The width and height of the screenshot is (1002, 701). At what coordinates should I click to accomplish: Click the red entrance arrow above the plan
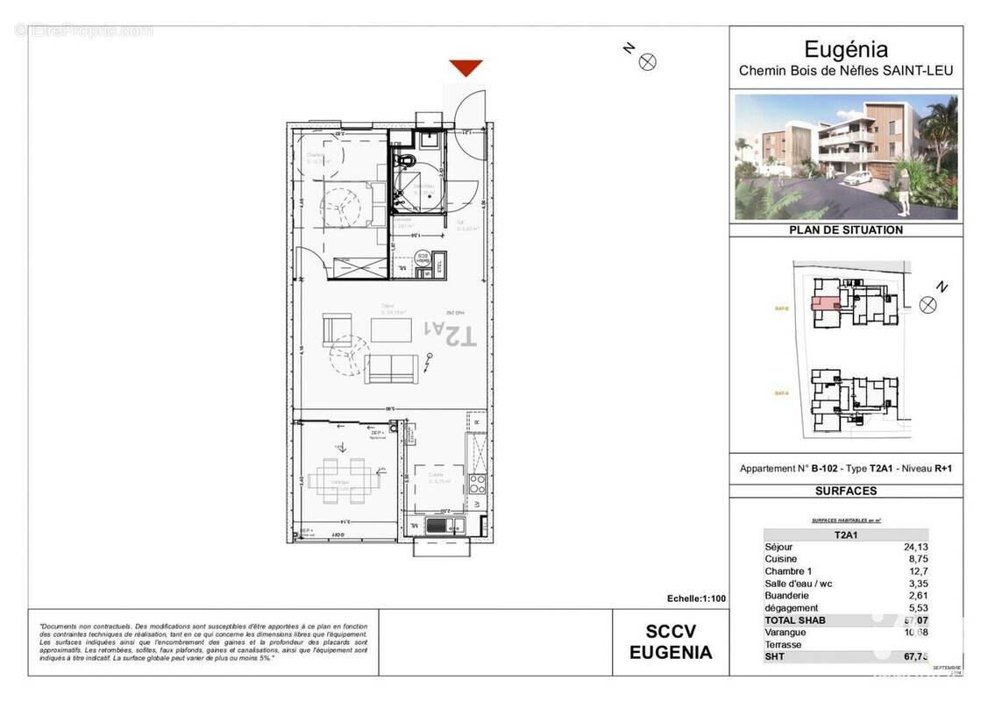(x=465, y=67)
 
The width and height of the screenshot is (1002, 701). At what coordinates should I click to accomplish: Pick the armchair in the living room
(x=338, y=330)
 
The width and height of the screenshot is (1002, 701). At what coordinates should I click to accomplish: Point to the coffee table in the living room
(x=390, y=330)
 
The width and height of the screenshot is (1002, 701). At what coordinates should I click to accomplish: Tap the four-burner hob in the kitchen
(x=478, y=481)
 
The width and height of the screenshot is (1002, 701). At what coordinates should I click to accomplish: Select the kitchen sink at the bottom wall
(x=437, y=525)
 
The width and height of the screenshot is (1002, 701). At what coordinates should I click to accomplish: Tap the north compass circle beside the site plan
(x=928, y=304)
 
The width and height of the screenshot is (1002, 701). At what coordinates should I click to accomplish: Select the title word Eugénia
(x=845, y=50)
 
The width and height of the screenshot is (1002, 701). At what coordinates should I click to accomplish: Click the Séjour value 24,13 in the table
(x=915, y=547)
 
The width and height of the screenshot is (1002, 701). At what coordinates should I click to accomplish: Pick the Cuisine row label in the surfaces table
(x=781, y=559)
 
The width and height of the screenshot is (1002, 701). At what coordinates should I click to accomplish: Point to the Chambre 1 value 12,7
(x=918, y=571)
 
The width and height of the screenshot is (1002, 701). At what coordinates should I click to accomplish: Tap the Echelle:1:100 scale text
(x=696, y=598)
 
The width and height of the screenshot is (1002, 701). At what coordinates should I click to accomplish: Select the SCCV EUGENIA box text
(x=671, y=642)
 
